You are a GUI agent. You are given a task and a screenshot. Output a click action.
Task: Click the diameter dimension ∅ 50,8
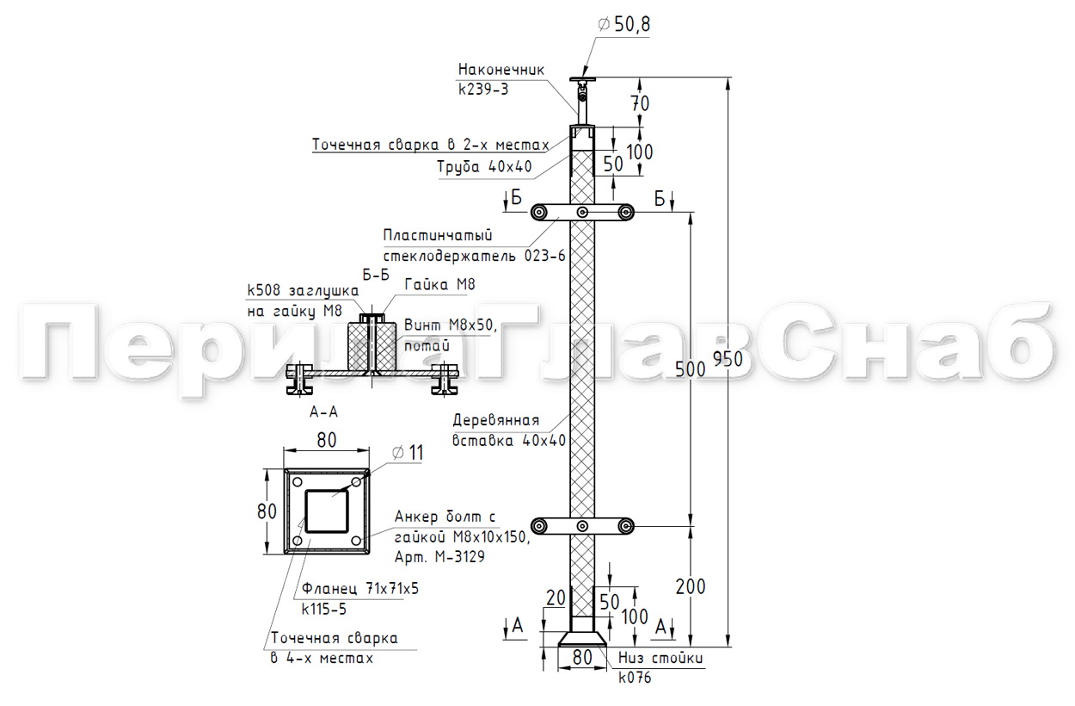[x=623, y=24]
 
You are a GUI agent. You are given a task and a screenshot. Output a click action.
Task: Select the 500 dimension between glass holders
[x=690, y=369]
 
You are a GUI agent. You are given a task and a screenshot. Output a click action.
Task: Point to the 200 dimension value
[x=690, y=586]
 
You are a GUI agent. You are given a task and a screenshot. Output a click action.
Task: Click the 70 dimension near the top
[x=640, y=103]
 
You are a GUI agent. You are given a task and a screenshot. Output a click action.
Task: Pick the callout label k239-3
[x=482, y=90]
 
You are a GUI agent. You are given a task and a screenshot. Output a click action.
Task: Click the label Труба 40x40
[x=484, y=167]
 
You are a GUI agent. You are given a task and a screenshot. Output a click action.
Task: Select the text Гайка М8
[x=439, y=284]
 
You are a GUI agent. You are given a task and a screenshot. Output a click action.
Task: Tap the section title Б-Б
[x=376, y=275]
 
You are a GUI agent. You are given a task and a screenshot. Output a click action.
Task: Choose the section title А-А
[x=323, y=412]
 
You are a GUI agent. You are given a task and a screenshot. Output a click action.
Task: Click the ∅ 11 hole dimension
[x=408, y=453]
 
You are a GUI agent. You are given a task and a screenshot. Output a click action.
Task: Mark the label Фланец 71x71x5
[x=360, y=588]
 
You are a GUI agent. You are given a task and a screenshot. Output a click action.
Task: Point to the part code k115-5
[x=323, y=610]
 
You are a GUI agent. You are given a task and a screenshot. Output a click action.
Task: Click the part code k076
[x=635, y=678]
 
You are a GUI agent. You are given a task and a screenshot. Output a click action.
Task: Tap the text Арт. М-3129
[x=439, y=557]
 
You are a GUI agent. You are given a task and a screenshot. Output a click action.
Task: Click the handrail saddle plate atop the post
[x=582, y=79]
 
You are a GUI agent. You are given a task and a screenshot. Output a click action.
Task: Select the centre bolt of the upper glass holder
[x=582, y=212]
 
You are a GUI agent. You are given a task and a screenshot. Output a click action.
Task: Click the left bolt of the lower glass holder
[x=539, y=526]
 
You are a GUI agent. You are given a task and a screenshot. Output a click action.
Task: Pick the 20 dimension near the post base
[x=556, y=598]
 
